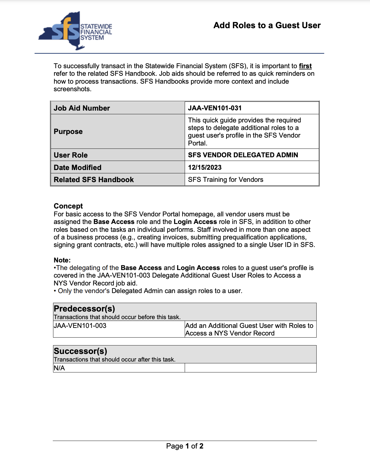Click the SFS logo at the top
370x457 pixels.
tap(75, 31)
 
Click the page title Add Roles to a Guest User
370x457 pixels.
tap(267, 25)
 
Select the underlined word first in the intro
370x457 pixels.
tap(305, 66)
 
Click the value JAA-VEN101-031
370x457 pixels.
tap(215, 108)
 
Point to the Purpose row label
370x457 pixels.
tap(68, 132)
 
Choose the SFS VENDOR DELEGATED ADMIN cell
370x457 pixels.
tap(243, 155)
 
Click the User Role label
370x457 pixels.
tap(71, 155)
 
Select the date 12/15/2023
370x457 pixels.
tap(205, 168)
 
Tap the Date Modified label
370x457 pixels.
tap(78, 168)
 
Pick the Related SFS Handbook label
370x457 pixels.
tap(94, 180)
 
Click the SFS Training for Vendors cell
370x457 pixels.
tap(226, 180)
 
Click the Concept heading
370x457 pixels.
tap(68, 206)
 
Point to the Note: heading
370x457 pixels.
tap(62, 260)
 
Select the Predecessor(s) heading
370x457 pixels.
tap(84, 309)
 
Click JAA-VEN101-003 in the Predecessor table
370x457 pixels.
tap(80, 326)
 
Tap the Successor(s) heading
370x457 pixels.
tap(80, 351)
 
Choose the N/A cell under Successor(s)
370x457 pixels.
tap(59, 368)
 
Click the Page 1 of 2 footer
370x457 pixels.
tap(185, 446)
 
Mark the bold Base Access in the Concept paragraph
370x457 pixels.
tap(114, 222)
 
